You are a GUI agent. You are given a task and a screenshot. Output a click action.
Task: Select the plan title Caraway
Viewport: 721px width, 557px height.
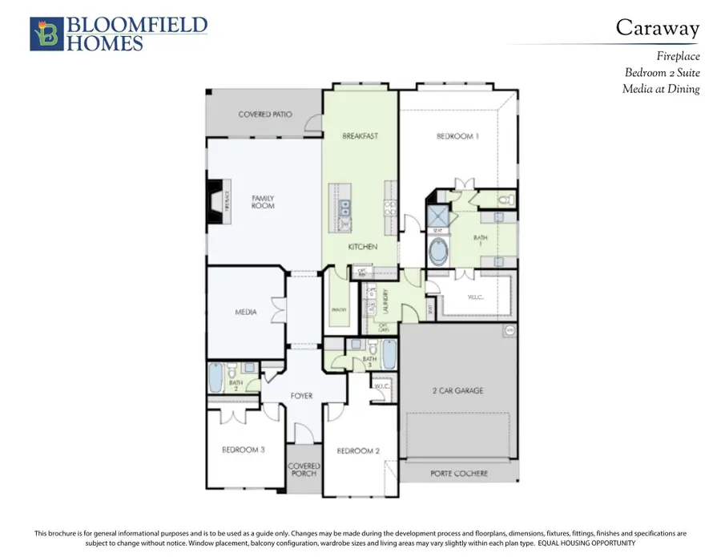click(657, 27)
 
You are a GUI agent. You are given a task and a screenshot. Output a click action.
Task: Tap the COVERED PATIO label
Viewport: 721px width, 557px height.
click(265, 115)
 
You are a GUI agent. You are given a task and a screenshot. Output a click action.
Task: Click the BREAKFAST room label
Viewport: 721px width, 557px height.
click(360, 136)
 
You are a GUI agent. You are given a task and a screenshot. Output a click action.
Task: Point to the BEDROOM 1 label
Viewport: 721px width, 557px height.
click(457, 136)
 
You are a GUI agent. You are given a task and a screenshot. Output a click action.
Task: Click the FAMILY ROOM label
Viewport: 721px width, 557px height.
click(263, 201)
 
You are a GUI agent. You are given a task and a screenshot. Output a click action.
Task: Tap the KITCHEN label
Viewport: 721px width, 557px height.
click(362, 247)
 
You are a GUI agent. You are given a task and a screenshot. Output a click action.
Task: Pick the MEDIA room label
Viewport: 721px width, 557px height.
click(245, 312)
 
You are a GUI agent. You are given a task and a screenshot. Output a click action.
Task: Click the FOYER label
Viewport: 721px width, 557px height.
click(301, 396)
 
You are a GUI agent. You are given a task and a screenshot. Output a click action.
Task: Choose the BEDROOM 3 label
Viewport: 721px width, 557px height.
click(244, 450)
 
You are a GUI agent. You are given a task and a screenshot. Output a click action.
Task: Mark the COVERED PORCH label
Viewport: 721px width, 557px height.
click(304, 469)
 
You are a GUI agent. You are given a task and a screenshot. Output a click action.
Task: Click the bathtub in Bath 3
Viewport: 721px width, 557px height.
click(389, 353)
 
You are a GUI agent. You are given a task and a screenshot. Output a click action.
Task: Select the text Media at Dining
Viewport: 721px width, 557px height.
click(661, 89)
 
